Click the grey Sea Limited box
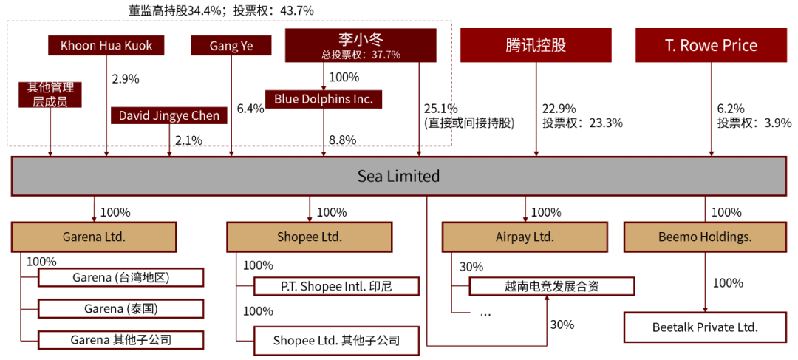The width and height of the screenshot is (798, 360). pyautogui.click(x=398, y=176)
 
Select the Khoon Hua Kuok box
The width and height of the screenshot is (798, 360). pyautogui.click(x=106, y=46)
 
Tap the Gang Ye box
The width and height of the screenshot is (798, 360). pyautogui.click(x=231, y=46)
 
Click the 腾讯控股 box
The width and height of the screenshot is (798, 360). pyautogui.click(x=536, y=45)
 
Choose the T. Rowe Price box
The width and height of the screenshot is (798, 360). pyautogui.click(x=711, y=45)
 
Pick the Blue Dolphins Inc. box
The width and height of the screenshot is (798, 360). pyautogui.click(x=324, y=98)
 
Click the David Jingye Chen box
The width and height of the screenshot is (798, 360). pyautogui.click(x=169, y=115)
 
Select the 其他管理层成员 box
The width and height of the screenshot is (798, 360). pyautogui.click(x=50, y=95)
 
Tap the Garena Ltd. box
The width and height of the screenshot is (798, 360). pyautogui.click(x=94, y=237)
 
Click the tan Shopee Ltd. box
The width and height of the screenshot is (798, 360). pyautogui.click(x=309, y=237)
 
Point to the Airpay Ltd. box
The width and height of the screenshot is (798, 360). pyautogui.click(x=525, y=237)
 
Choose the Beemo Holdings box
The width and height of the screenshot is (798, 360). pyautogui.click(x=704, y=237)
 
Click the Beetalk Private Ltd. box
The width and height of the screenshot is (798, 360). pyautogui.click(x=705, y=327)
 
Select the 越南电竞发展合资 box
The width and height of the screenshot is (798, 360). pyautogui.click(x=551, y=286)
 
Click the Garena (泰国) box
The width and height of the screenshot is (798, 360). pyautogui.click(x=120, y=308)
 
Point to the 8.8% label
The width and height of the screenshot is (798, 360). pyautogui.click(x=343, y=140)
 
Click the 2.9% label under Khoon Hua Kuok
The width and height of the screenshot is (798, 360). pyautogui.click(x=125, y=78)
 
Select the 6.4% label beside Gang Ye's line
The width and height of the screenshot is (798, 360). pyautogui.click(x=250, y=109)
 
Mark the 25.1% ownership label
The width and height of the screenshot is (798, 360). pyautogui.click(x=441, y=109)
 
